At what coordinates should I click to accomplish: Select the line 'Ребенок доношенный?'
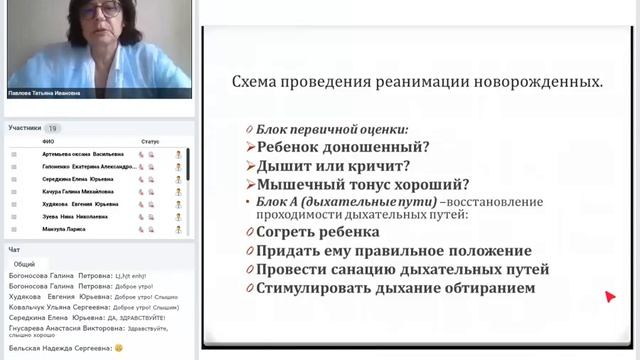click(336, 147)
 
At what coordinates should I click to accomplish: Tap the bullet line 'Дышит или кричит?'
click(327, 165)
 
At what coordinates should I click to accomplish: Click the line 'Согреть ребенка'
click(318, 232)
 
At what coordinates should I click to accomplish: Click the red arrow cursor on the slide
click(610, 296)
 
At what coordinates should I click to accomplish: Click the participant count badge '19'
click(53, 128)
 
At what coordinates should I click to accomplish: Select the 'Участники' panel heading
click(25, 128)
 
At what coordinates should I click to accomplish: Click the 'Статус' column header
click(151, 142)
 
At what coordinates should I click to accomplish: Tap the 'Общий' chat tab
click(24, 264)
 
